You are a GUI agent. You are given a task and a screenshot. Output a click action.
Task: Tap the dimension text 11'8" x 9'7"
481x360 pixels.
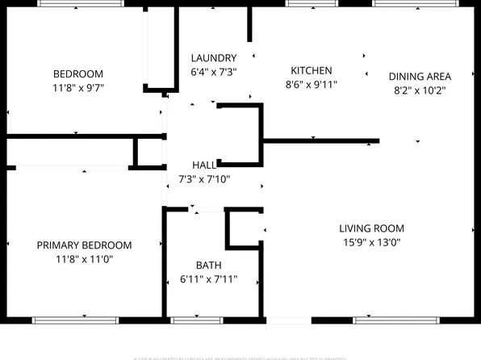click(78, 87)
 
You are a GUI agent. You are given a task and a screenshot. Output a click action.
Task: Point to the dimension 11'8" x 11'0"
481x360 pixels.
click(84, 259)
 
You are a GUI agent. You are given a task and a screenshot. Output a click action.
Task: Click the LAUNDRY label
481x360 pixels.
click(214, 58)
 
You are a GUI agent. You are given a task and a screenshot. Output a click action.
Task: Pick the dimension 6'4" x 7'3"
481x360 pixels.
click(214, 72)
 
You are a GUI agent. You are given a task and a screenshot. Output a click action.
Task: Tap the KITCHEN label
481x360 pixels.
click(312, 71)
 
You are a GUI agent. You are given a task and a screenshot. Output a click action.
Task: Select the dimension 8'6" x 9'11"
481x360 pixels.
click(312, 84)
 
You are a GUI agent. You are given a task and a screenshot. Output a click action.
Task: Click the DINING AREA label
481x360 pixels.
click(420, 77)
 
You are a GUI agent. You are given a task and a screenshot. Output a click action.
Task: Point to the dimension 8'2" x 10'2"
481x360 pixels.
click(420, 90)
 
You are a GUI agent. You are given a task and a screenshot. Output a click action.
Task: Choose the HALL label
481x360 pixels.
click(204, 165)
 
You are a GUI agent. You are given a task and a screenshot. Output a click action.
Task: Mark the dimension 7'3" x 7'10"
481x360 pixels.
click(204, 179)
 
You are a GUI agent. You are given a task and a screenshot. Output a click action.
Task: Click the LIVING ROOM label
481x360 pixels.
click(371, 228)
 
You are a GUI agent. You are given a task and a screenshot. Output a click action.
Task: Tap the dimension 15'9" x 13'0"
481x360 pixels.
click(371, 242)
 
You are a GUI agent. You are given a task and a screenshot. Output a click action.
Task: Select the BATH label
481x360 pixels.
click(208, 266)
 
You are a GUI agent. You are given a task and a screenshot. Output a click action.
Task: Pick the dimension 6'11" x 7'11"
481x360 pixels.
click(208, 280)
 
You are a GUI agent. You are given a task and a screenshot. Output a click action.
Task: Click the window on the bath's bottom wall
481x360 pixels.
click(198, 320)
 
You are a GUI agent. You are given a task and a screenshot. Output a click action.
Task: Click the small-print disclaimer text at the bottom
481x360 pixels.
click(240, 356)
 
